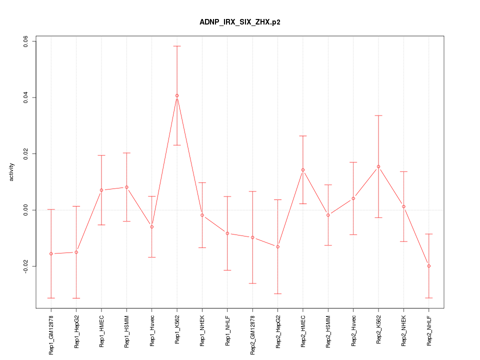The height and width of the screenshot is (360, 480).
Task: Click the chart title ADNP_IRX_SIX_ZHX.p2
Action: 239,22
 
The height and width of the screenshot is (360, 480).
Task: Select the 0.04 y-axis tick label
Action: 26,97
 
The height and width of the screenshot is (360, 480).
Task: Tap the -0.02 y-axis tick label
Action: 26,266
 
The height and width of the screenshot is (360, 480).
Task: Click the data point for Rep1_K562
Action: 177,95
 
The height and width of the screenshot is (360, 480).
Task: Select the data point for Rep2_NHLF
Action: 429,266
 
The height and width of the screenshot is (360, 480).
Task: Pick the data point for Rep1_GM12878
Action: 51,253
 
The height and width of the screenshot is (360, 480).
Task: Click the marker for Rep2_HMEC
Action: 303,170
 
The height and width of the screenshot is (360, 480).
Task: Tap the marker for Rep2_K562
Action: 378,166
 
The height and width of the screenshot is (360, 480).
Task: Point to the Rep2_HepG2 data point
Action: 278,246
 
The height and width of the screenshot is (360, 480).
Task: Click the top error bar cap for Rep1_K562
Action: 177,46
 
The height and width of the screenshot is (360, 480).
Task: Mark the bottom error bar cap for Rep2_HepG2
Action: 278,293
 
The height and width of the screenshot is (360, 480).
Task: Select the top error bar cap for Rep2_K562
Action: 378,115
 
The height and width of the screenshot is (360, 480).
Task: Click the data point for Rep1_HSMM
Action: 126,187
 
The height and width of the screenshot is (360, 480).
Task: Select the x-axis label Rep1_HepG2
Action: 76,331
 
